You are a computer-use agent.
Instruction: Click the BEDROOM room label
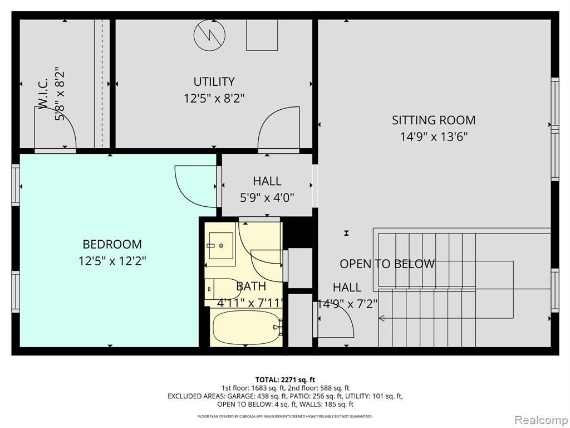pos(112,244)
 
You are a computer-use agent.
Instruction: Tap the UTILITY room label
pos(214,81)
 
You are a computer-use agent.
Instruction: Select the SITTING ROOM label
pos(433,120)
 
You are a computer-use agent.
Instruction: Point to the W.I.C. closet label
pos(43,93)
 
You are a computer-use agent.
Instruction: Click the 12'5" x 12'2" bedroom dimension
pos(112,261)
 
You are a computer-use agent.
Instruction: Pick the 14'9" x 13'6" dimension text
pos(434,137)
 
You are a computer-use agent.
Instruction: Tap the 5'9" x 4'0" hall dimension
pos(267,198)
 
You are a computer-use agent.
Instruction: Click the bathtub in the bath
pos(246,327)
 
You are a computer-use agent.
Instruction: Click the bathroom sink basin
pos(220,246)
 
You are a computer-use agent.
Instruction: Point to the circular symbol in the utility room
pos(209,35)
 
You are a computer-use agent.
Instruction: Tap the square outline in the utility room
pos(262,35)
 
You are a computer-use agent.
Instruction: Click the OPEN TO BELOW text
pos(387,264)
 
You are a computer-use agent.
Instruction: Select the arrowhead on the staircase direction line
pos(381,318)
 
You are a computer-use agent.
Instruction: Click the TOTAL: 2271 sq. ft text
pos(285,380)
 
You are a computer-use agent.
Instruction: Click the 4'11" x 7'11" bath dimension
pos(250,303)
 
